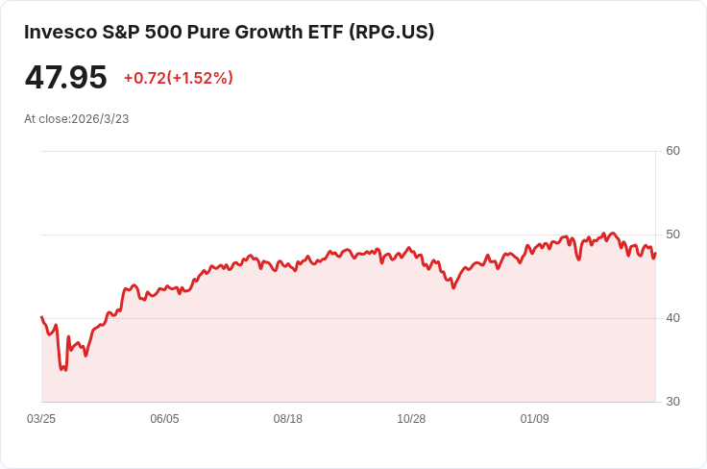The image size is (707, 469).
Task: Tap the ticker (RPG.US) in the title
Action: [x=391, y=32]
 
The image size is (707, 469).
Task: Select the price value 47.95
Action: [x=65, y=77]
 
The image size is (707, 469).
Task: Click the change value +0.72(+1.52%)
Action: [x=178, y=78]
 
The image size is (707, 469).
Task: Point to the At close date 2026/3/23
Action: [x=100, y=119]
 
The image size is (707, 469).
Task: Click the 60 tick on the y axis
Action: [x=672, y=151]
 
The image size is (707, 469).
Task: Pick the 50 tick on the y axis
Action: [x=672, y=234]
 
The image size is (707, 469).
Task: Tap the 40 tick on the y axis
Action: [x=672, y=318]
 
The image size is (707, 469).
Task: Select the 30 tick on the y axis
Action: [x=672, y=402]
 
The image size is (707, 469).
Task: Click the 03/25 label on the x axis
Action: [x=41, y=419]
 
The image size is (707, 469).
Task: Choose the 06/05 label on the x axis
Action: [x=164, y=419]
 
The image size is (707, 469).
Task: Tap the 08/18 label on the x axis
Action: [x=288, y=419]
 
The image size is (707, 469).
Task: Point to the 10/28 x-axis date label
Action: [x=411, y=419]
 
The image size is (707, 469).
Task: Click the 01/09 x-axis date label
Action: [x=534, y=419]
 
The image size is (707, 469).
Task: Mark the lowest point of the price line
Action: [x=61, y=370]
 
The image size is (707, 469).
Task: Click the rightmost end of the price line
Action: [x=655, y=253]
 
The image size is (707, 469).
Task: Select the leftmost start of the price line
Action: [x=41, y=316]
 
